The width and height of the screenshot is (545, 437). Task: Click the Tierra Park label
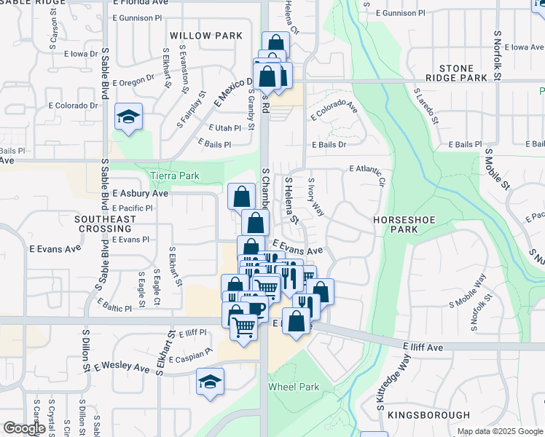(x=174, y=176)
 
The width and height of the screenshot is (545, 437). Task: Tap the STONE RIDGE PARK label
(x=463, y=73)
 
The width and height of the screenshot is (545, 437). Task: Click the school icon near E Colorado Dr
(x=128, y=117)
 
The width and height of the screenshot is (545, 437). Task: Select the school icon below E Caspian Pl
(x=210, y=382)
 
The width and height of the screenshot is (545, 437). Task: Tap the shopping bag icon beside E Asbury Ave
(x=241, y=197)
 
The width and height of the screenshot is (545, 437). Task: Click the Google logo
(x=24, y=428)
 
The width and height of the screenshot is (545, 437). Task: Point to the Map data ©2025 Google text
(x=500, y=431)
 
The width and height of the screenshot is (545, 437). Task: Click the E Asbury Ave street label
(x=140, y=194)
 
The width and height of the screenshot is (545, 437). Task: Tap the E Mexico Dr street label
(x=233, y=92)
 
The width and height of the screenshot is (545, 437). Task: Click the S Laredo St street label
(x=424, y=106)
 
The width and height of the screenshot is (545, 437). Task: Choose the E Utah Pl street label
(x=224, y=127)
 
